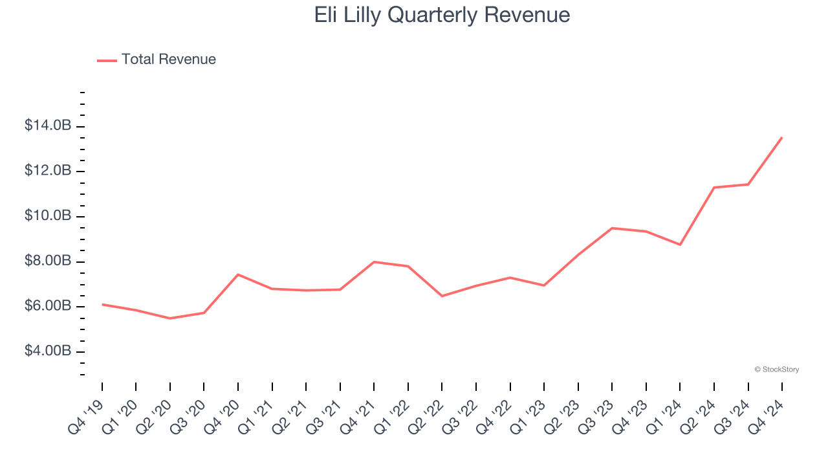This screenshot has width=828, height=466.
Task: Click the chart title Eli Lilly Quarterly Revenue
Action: [x=442, y=15]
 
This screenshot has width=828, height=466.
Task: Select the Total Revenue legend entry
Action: [x=157, y=60]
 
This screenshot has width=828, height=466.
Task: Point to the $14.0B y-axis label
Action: [x=47, y=126]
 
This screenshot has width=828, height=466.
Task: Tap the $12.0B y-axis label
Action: [x=47, y=171]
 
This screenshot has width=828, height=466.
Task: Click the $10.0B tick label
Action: [x=47, y=216]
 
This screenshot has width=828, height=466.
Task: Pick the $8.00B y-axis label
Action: [x=47, y=261]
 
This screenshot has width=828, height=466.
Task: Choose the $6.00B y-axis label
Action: [x=47, y=306]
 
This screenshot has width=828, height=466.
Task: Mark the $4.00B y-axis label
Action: [x=47, y=351]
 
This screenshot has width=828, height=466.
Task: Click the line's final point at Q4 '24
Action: [x=781, y=137]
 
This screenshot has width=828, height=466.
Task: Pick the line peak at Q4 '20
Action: [x=238, y=274]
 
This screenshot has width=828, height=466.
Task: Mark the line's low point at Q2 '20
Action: [x=170, y=318]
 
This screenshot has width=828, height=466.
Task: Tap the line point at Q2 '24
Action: [x=714, y=188]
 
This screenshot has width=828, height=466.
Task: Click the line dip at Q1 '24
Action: [x=680, y=245]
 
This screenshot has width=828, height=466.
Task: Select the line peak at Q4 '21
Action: [x=374, y=261]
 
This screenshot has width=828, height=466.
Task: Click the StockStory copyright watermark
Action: [x=776, y=370]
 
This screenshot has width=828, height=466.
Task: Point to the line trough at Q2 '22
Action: [x=442, y=296]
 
